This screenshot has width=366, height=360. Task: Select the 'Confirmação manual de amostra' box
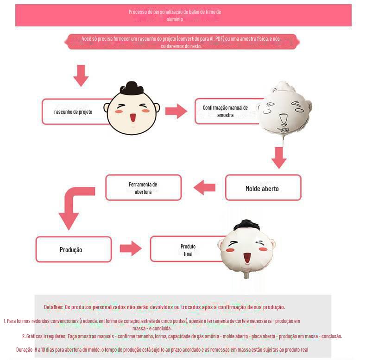(226, 111)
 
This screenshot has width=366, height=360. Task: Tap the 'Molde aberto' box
(263, 188)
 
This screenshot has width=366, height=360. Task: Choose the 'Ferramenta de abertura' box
(143, 188)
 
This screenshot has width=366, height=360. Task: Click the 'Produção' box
(73, 249)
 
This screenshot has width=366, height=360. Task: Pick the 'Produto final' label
(188, 250)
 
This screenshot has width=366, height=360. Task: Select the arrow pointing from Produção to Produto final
(130, 248)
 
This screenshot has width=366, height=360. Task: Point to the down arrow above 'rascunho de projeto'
(81, 75)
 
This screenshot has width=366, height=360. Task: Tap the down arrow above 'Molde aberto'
(279, 158)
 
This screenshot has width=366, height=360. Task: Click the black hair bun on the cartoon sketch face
(132, 87)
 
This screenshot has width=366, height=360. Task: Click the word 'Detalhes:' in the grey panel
(54, 307)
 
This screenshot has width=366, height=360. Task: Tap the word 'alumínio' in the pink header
(175, 19)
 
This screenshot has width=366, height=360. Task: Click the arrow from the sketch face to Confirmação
(176, 111)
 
